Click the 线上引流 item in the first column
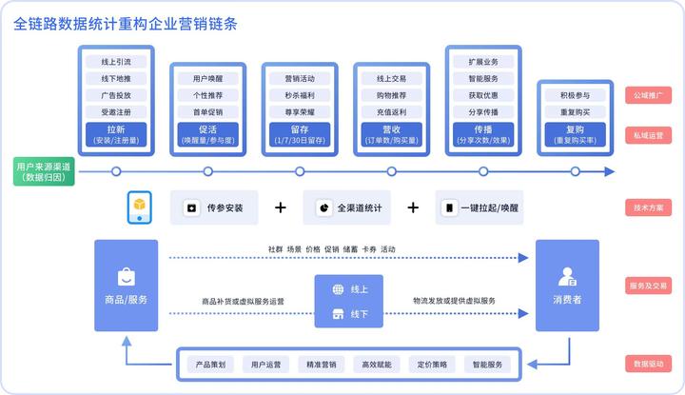click(116, 62)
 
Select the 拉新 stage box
click(116, 133)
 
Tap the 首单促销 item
click(207, 112)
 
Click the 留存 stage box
click(300, 133)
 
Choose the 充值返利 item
click(391, 112)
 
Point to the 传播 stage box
click(482, 133)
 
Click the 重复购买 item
click(575, 112)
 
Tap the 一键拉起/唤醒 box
click(481, 207)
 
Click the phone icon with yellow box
click(141, 207)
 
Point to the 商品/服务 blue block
click(126, 286)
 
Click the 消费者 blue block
click(567, 286)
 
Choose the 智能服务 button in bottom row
click(488, 364)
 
